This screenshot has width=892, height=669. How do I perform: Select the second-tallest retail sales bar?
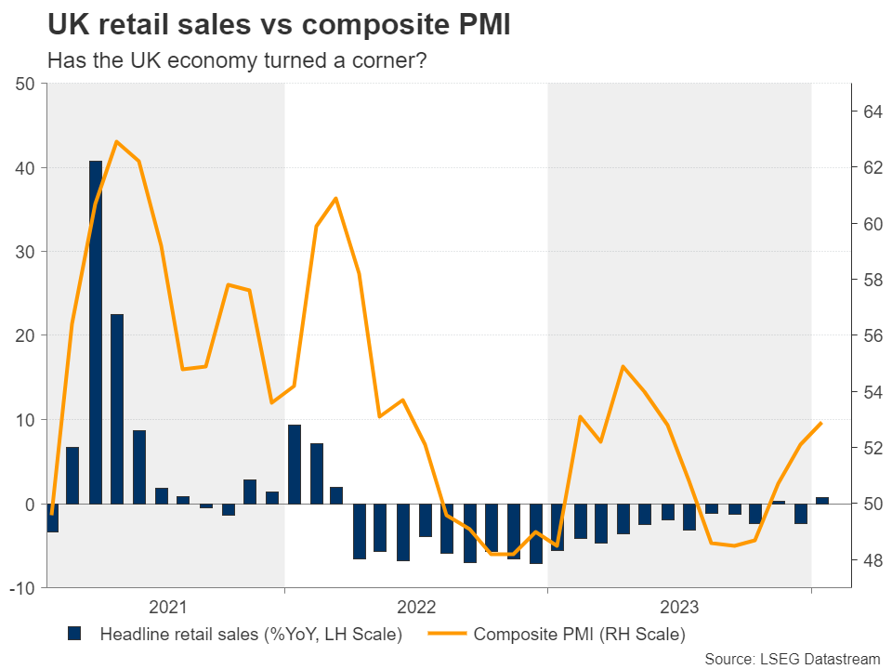click(x=117, y=409)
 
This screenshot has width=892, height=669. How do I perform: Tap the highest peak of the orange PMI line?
click(x=117, y=142)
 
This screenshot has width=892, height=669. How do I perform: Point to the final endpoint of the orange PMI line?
click(x=821, y=424)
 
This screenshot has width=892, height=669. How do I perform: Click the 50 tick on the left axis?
click(x=25, y=85)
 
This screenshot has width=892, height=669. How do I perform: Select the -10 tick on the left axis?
click(x=21, y=588)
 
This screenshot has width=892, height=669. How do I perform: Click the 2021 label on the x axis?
click(x=167, y=608)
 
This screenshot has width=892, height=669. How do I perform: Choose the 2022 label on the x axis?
click(x=416, y=608)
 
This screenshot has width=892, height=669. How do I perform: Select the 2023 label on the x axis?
click(x=680, y=608)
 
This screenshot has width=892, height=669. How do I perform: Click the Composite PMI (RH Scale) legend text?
click(x=579, y=635)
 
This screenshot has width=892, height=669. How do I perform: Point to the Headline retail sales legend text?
click(x=251, y=635)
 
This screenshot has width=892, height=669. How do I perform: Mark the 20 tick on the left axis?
click(x=25, y=336)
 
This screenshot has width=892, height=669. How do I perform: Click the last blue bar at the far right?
click(x=822, y=500)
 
